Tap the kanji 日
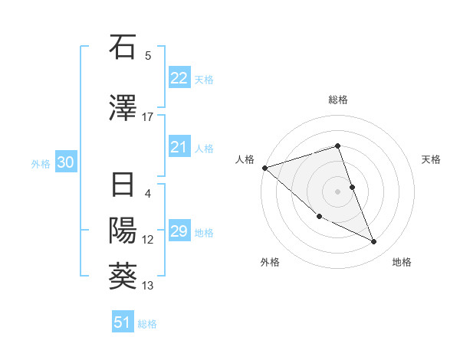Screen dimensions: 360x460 tap(123, 185)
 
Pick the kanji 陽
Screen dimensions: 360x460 tap(123, 231)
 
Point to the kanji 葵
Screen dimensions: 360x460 tap(123, 277)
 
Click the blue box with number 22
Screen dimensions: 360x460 tap(179, 78)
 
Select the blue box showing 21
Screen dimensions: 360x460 tap(179, 147)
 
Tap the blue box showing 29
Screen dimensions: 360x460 tap(179, 231)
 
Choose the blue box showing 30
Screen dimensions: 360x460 tap(65, 163)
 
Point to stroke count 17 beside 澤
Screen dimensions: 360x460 tap(148, 116)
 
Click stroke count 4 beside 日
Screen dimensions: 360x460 tap(148, 193)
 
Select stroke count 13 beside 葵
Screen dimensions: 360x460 tap(148, 286)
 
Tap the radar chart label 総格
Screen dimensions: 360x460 tap(338, 100)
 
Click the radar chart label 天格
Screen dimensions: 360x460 tap(431, 159)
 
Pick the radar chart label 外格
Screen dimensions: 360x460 tap(270, 262)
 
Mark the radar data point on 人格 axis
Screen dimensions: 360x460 tap(264, 167)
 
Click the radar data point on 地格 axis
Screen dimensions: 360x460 tap(374, 242)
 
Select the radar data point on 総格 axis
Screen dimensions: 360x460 tap(338, 146)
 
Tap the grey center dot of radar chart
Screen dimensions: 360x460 tap(338, 191)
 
